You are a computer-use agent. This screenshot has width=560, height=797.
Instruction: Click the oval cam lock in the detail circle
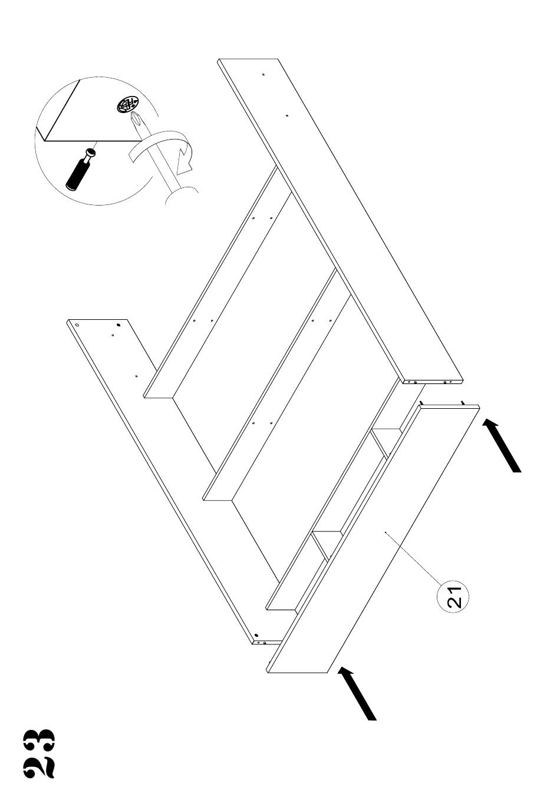click(127, 106)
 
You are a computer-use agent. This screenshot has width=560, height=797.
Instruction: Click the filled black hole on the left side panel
click(118, 324)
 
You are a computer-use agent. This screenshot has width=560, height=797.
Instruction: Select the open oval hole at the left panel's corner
click(77, 323)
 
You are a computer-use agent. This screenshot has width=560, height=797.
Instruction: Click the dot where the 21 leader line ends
click(385, 533)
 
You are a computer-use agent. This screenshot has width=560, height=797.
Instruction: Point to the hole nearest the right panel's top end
click(263, 74)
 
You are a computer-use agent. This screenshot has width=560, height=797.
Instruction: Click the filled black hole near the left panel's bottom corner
click(256, 636)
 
